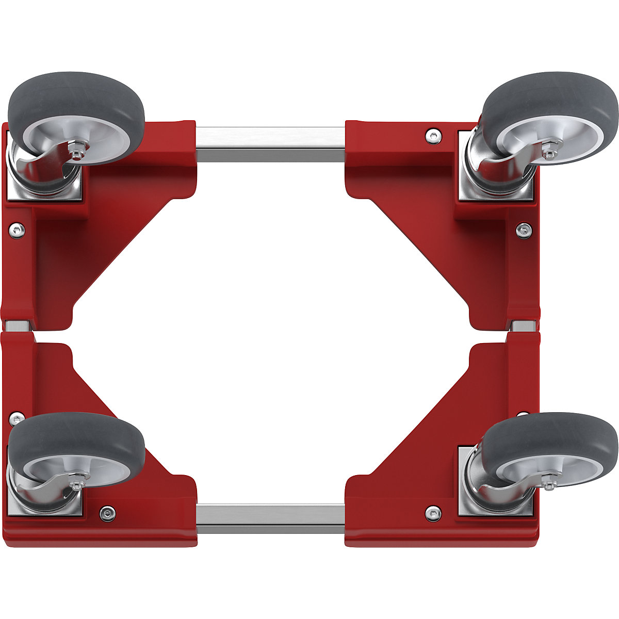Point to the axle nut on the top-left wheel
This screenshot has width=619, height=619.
pos(77,153)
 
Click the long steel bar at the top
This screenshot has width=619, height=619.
pos(270,144)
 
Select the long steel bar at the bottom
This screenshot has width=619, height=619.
pos(270,518)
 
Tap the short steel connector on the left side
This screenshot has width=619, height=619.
pos(17,325)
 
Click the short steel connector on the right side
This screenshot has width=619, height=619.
pos(524,325)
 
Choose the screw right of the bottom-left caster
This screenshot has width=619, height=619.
pos(107,512)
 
